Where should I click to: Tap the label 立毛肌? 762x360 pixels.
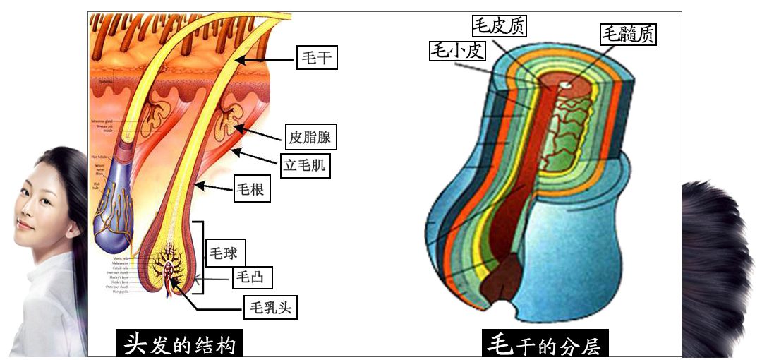pos(306,165)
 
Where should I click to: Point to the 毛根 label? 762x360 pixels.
pos(252,189)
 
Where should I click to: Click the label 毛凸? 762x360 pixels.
pos(251,278)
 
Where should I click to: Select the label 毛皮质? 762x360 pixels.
pos(499,26)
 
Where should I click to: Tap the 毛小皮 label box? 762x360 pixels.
pos(456,50)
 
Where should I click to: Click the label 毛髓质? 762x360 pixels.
pos(627,33)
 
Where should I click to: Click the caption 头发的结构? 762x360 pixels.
pos(183,345)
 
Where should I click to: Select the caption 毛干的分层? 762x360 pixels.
pos(546,345)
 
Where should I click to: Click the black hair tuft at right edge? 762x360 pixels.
pos(720,233)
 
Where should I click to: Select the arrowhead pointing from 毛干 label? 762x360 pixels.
pos(238,61)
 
